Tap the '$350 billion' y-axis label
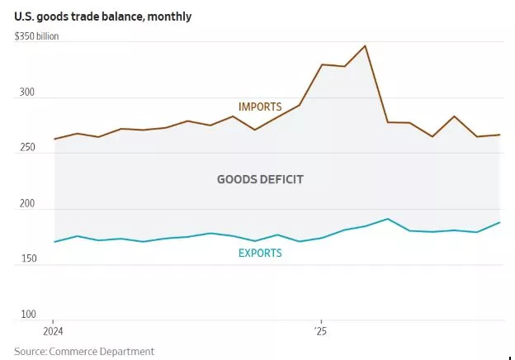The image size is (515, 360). [x=37, y=37]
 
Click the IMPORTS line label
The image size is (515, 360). [x=260, y=107]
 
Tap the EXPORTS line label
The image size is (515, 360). [x=260, y=253]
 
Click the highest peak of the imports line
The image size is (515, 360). [x=365, y=45]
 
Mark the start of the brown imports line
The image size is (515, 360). [x=54, y=139]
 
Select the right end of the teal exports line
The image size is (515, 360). [x=500, y=222]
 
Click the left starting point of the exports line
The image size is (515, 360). [x=54, y=242]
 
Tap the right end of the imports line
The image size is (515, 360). [x=500, y=135]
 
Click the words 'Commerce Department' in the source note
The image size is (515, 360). [x=103, y=351]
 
